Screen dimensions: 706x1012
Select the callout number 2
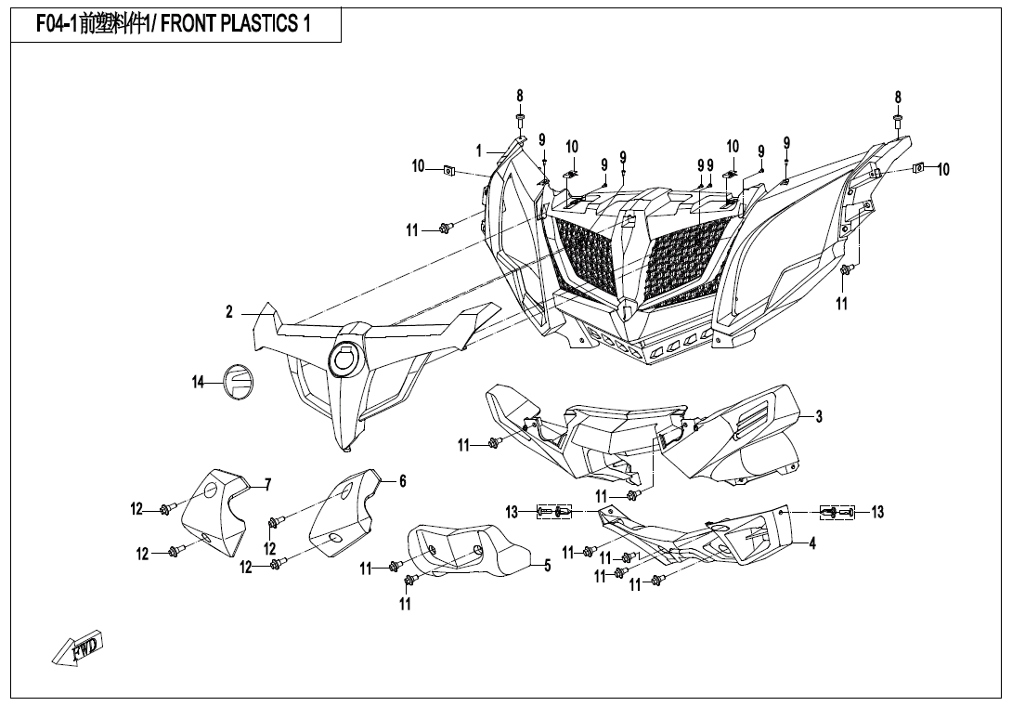click(x=229, y=312)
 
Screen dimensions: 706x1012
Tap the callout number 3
click(x=819, y=417)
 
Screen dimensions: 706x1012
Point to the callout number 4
click(x=812, y=543)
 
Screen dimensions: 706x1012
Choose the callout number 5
click(x=548, y=567)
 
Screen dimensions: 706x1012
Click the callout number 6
click(x=402, y=481)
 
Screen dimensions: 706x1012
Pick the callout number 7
click(x=267, y=484)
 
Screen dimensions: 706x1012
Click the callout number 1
click(x=479, y=150)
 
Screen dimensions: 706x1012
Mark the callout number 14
click(x=198, y=382)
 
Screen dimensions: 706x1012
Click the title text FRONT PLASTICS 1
click(x=236, y=25)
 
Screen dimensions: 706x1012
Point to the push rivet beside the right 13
click(x=837, y=512)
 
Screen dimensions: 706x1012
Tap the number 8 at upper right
click(x=898, y=97)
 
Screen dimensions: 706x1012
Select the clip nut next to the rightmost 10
click(x=918, y=167)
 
